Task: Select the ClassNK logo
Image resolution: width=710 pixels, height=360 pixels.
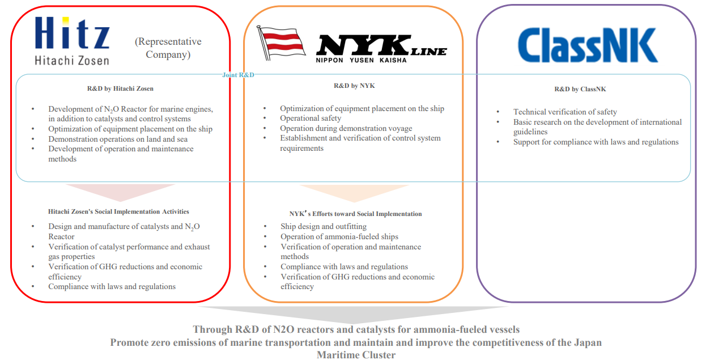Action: point(587,45)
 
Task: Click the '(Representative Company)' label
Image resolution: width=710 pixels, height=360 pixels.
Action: point(168,48)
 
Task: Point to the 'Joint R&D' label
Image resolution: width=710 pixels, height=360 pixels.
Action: point(239,74)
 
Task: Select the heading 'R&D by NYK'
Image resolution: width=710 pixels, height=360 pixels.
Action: point(354,86)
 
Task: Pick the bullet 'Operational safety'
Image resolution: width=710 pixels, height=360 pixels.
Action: point(311,118)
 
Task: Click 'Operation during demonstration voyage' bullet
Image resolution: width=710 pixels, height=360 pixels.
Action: point(346,128)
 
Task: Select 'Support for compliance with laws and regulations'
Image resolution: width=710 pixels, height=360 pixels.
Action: point(596,142)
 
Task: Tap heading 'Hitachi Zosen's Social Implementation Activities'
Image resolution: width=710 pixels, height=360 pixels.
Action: point(118,211)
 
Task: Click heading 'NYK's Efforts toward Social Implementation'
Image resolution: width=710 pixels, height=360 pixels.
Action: point(355,214)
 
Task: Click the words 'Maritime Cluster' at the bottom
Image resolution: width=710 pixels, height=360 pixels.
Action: point(356,355)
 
